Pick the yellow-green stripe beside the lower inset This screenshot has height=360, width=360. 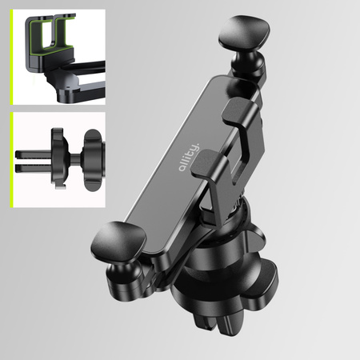[11, 160]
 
